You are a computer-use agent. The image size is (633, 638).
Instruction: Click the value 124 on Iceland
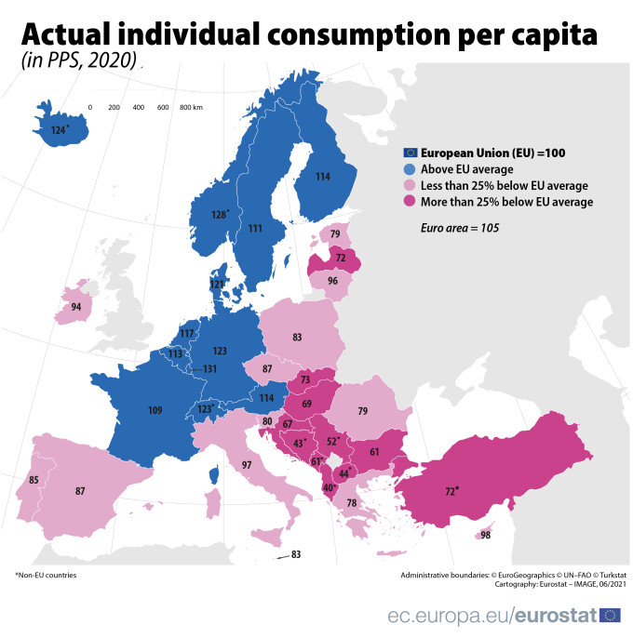pyautogui.click(x=59, y=130)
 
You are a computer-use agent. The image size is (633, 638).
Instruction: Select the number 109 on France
pyautogui.click(x=157, y=409)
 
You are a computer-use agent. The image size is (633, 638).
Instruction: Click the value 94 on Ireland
pyautogui.click(x=75, y=307)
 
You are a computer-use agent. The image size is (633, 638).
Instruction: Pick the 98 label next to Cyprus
pyautogui.click(x=485, y=535)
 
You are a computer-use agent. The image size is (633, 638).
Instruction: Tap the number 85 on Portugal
pyautogui.click(x=34, y=480)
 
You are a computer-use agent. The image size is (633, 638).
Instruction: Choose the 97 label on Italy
pyautogui.click(x=247, y=464)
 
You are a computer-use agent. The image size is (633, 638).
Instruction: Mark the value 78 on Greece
pyautogui.click(x=351, y=503)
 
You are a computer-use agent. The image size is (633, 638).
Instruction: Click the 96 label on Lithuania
pyautogui.click(x=332, y=280)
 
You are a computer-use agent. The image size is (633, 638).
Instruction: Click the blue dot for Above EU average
pyautogui.click(x=409, y=169)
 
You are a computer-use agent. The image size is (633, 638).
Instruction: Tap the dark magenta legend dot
pyautogui.click(x=409, y=201)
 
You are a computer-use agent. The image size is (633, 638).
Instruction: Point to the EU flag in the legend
pyautogui.click(x=409, y=153)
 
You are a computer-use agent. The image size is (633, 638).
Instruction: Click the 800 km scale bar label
pyautogui.click(x=192, y=108)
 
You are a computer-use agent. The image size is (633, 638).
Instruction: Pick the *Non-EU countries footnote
pyautogui.click(x=46, y=575)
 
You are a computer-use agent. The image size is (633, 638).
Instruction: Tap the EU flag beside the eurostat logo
pyautogui.click(x=611, y=614)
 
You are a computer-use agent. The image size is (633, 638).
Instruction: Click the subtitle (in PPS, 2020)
pyautogui.click(x=78, y=62)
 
